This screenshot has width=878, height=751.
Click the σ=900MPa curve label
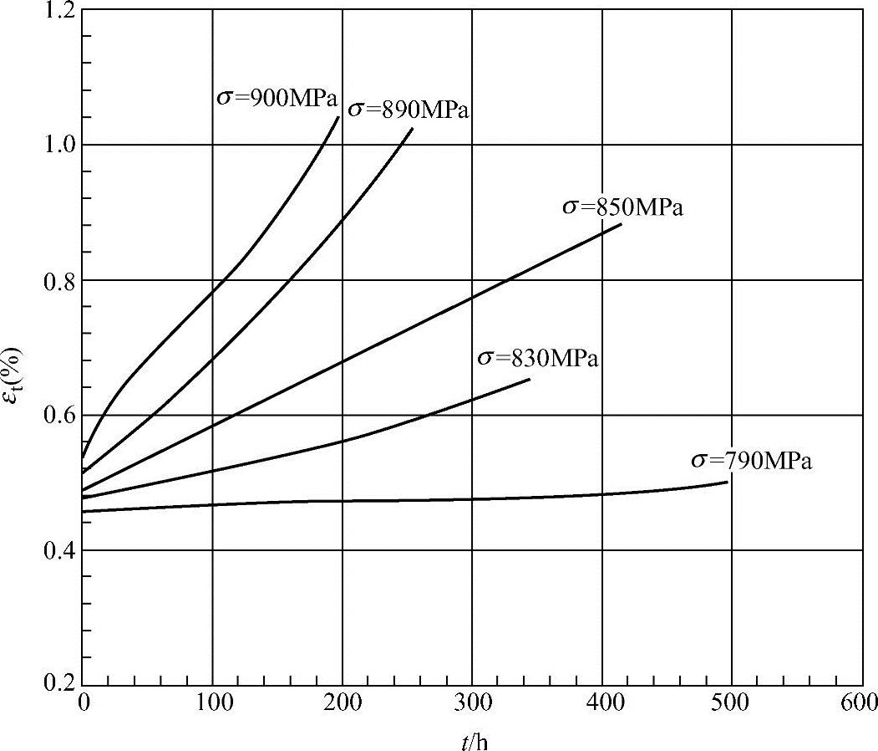pyautogui.click(x=277, y=98)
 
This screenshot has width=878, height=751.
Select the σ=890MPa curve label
pyautogui.click(x=409, y=109)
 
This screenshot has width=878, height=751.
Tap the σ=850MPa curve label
pyautogui.click(x=622, y=207)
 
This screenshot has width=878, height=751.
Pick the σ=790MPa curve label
pyautogui.click(x=751, y=461)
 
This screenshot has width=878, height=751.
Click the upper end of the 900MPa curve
pyautogui.click(x=339, y=116)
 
